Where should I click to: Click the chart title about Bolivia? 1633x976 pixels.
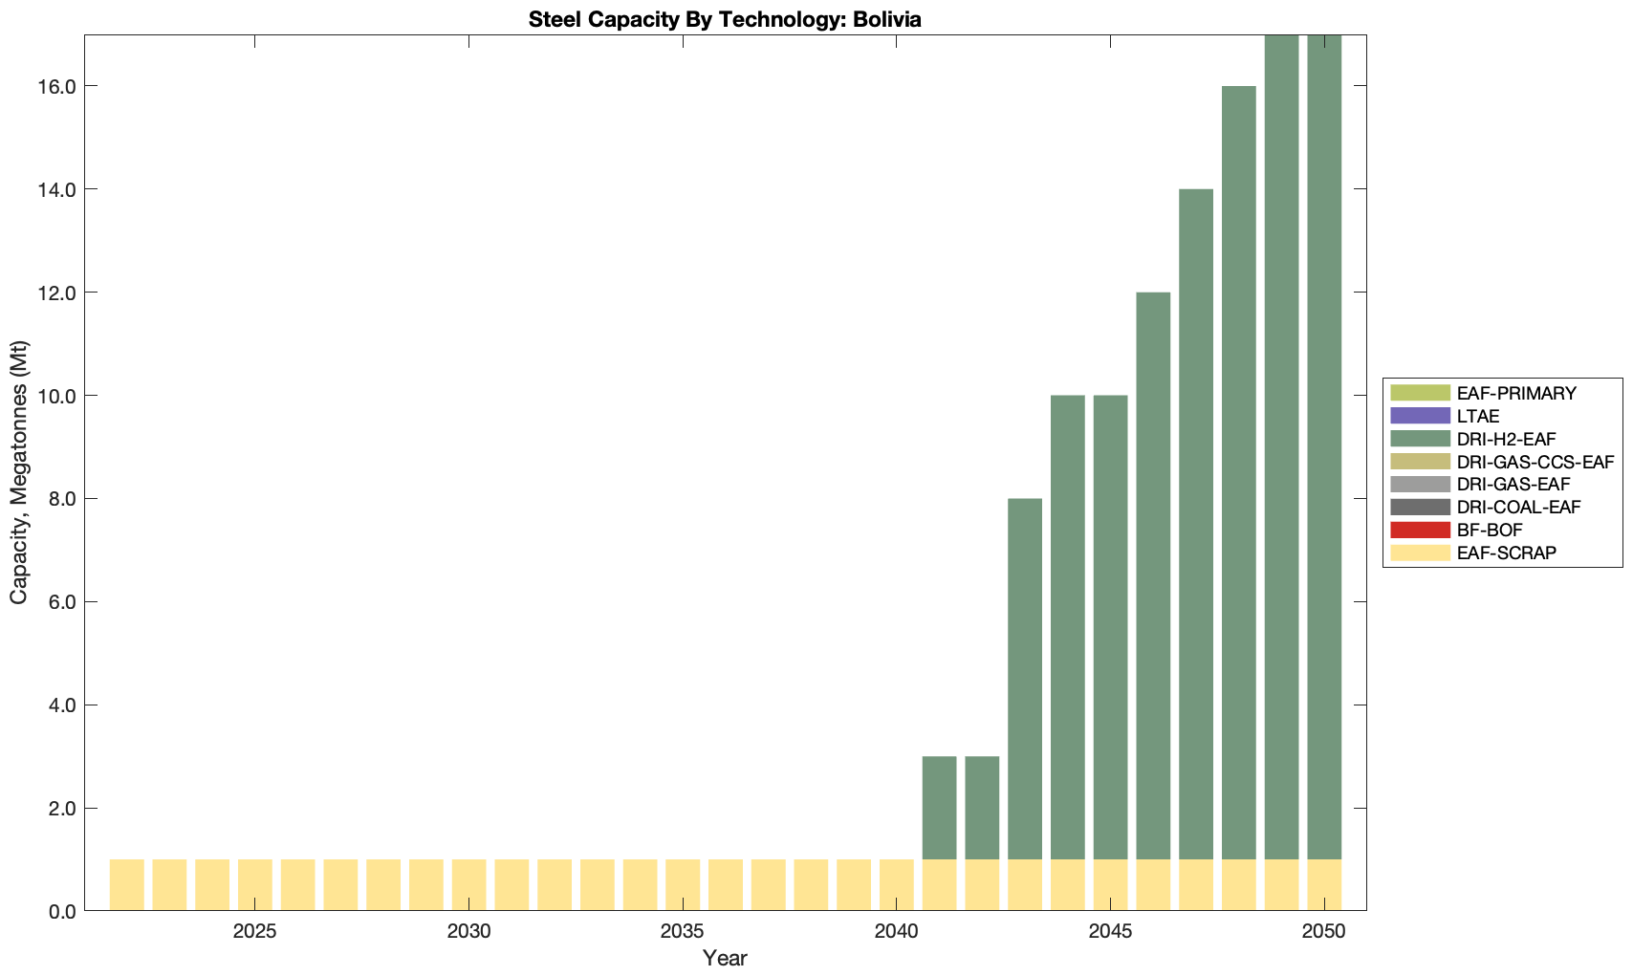(725, 19)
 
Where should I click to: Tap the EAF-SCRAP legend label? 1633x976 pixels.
(1506, 553)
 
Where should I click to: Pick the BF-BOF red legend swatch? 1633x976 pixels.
(1420, 531)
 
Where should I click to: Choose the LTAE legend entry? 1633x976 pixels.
(1477, 416)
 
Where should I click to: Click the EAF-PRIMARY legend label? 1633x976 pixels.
(1515, 393)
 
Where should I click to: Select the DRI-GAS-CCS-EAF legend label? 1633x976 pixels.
(1535, 462)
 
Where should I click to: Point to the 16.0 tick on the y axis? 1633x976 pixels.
(55, 86)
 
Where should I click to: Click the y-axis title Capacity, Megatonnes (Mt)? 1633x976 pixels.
(19, 472)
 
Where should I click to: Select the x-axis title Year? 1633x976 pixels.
(725, 958)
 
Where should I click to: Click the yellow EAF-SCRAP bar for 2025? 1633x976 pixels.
(255, 885)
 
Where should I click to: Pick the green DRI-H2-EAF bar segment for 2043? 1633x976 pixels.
(1025, 679)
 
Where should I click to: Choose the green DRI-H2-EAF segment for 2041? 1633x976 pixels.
(939, 808)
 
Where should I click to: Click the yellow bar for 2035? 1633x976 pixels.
(683, 885)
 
